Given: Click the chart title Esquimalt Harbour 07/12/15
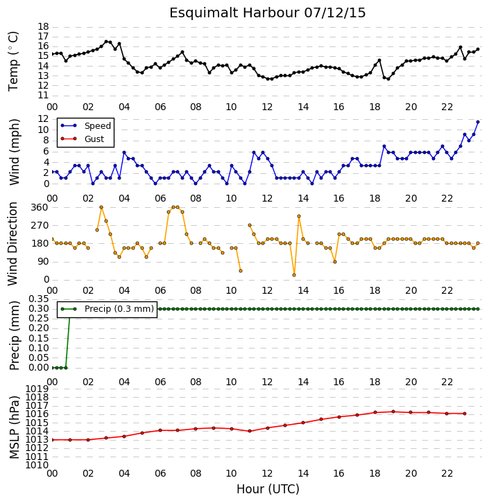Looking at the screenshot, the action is [x=268, y=13].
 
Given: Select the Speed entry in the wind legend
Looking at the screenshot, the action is [x=86, y=126].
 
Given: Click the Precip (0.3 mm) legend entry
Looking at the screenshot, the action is [x=108, y=309].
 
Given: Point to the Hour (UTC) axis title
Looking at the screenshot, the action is [x=268, y=489].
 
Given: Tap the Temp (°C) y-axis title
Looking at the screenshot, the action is [x=13, y=61].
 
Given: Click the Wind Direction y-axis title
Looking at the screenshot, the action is [x=13, y=243].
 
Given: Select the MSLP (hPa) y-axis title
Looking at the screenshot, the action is [x=14, y=427].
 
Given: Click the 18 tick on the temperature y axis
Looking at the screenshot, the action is [x=43, y=26].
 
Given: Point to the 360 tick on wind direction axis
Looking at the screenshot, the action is [x=40, y=208].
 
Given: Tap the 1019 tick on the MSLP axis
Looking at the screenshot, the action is [x=37, y=389].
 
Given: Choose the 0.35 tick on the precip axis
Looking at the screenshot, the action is [x=39, y=299].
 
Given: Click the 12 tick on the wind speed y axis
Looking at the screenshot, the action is [x=43, y=119].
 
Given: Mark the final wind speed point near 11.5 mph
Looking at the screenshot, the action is [x=478, y=122].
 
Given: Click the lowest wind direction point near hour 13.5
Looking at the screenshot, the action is [x=294, y=275].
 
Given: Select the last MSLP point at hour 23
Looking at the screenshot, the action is [x=465, y=414].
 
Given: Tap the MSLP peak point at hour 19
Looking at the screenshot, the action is [x=393, y=412].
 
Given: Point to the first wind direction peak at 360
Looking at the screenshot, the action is [x=101, y=207].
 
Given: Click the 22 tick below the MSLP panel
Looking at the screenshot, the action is [x=447, y=473].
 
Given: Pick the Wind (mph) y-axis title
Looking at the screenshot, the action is [x=15, y=152].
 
